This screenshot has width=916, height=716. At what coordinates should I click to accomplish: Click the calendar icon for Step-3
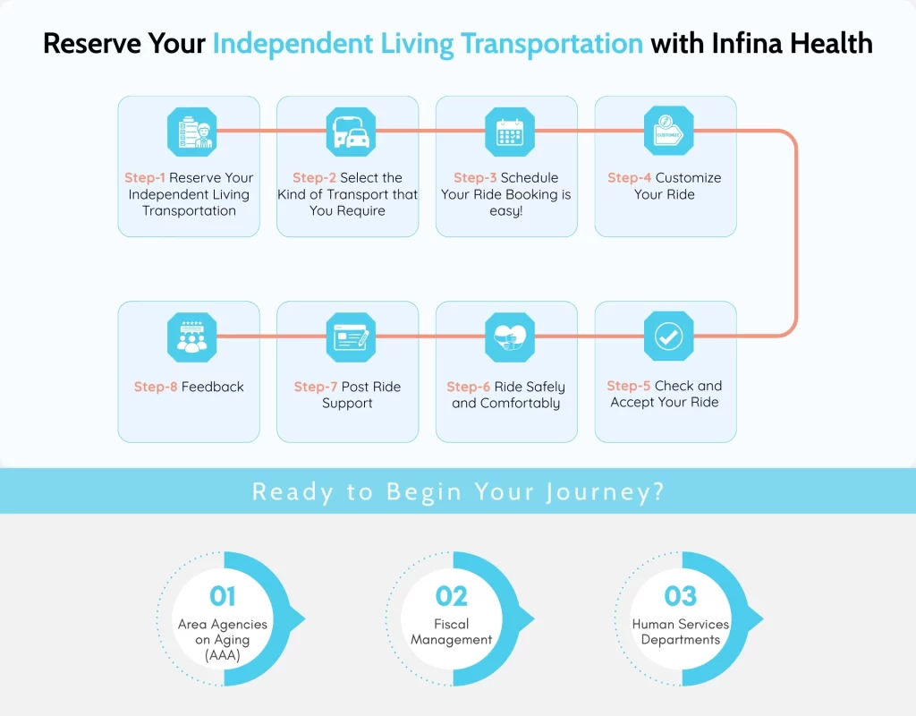[510, 132]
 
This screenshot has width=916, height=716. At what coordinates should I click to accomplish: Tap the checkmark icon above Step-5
[668, 337]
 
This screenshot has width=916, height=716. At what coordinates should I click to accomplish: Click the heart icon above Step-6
[510, 337]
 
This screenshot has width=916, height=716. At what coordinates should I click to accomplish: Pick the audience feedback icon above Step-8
[191, 337]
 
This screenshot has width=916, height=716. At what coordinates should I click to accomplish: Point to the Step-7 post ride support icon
[350, 337]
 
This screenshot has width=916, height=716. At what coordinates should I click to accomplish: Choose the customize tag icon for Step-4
[668, 132]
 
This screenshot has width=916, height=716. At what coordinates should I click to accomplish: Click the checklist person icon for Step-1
[191, 132]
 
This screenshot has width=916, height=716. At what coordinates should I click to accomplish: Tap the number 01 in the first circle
[223, 596]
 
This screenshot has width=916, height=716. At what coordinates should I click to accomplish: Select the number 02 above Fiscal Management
[452, 596]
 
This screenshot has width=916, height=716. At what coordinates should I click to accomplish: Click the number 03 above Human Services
[681, 596]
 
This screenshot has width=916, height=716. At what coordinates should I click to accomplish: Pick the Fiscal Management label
[452, 632]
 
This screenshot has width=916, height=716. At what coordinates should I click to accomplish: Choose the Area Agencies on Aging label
[223, 639]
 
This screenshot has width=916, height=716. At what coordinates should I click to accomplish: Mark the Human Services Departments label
[681, 632]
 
